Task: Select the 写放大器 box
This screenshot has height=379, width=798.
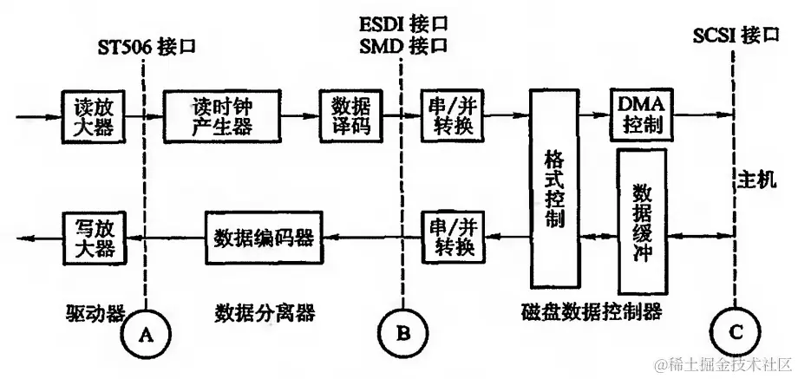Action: [93, 237]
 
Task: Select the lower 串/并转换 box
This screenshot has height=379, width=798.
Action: [452, 237]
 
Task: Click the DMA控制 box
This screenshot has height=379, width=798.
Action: [641, 114]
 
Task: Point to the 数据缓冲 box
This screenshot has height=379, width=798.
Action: [642, 221]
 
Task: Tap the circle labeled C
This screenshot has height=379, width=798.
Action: [734, 330]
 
